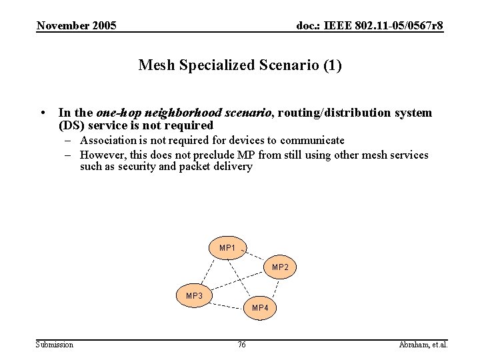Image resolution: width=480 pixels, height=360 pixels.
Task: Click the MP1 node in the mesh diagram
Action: coord(227,247)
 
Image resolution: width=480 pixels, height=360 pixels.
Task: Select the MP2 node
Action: coord(280,267)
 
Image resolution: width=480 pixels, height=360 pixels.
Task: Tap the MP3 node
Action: coord(195,295)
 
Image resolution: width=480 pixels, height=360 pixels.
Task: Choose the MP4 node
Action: coord(260,307)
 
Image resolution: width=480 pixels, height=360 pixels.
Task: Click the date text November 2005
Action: coord(77,26)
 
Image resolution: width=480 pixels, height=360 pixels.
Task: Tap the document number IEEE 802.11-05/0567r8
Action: coord(369,26)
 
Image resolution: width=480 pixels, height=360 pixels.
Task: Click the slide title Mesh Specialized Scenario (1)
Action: coord(240,65)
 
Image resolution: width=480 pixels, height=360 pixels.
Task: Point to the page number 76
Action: coord(241,345)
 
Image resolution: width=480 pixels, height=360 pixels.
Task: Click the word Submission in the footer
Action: coord(55,345)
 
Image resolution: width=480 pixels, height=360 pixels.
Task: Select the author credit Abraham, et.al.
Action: coord(423,345)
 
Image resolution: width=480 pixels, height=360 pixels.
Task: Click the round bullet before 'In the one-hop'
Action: coord(42,113)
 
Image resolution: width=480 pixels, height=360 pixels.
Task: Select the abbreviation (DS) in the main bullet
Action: coord(71,126)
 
